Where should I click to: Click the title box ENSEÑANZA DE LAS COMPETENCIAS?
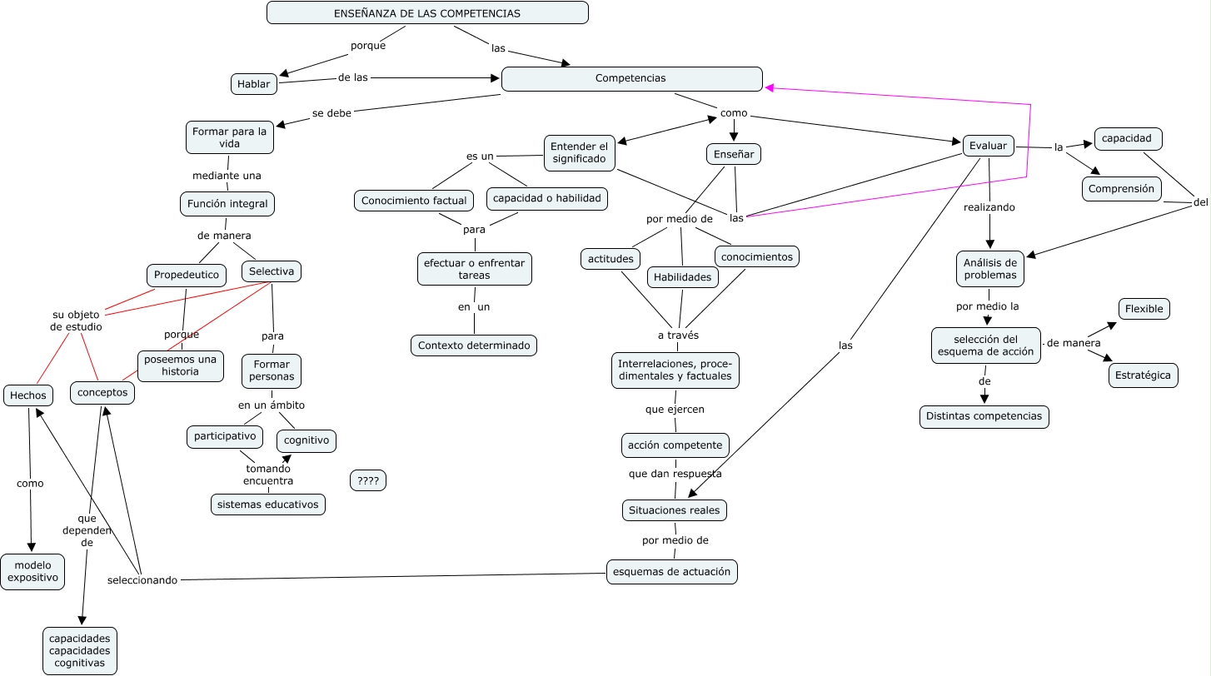point(427,13)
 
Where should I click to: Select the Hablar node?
point(253,84)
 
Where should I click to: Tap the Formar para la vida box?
point(229,137)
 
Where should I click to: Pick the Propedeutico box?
point(187,275)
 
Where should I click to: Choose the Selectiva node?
point(272,271)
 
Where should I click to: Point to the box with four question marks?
point(368,480)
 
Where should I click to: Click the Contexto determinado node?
point(474,345)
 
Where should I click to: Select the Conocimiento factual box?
point(414,201)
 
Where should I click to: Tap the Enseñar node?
point(734,154)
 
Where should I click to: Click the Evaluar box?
point(988,146)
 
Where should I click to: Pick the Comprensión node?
point(1122,189)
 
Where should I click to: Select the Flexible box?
point(1144,309)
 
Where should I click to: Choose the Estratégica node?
point(1143,375)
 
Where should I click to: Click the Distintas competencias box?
point(984,416)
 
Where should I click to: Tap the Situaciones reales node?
point(675,509)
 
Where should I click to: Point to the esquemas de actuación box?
point(671,572)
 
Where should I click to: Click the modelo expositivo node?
point(32,572)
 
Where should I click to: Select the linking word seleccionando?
point(142,580)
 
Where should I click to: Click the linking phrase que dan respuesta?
point(675,474)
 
